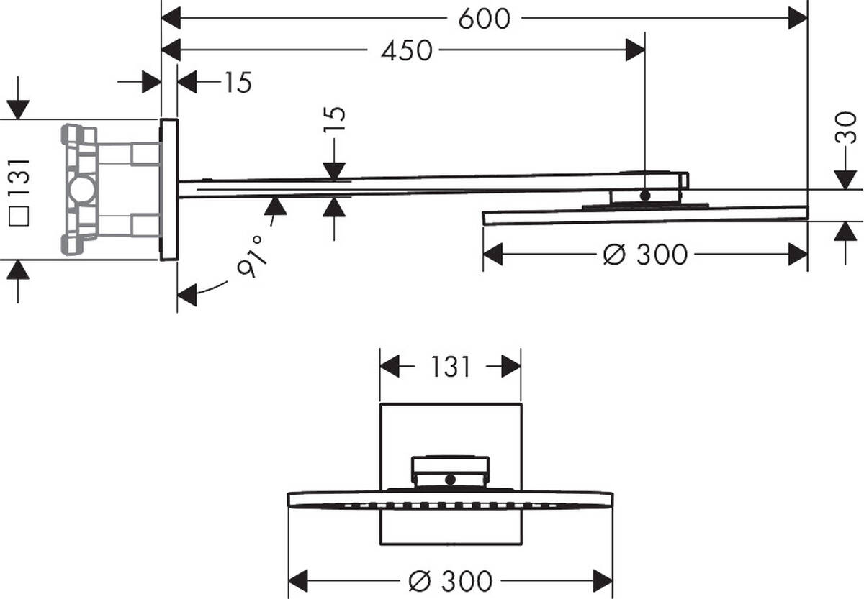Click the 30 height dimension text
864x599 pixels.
pos(847,127)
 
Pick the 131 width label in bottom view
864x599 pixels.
pos(450,367)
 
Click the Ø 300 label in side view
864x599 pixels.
pos(644,255)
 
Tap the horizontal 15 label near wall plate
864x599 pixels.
pos(236,83)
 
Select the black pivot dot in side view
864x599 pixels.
pos(644,195)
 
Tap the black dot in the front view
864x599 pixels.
pos(451,479)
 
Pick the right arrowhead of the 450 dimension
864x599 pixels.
pos(635,50)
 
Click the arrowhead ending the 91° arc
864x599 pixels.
pos(187,295)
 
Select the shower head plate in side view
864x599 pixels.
pos(644,215)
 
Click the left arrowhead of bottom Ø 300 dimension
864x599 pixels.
pos(298,580)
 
